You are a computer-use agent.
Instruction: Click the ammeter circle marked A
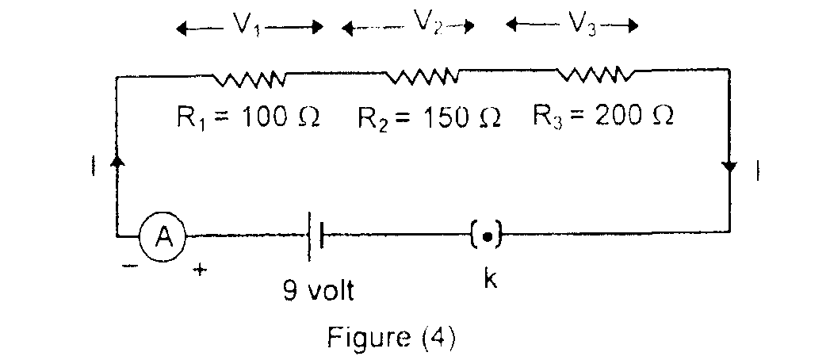(163, 235)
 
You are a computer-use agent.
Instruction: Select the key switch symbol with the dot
(488, 235)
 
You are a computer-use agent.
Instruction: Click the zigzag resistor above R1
(249, 78)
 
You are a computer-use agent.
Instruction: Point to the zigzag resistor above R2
(421, 77)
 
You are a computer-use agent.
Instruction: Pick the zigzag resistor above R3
(595, 75)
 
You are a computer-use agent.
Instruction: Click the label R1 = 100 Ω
(247, 118)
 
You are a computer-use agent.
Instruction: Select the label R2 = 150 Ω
(429, 118)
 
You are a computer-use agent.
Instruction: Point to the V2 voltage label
(424, 23)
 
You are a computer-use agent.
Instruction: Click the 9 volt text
(319, 291)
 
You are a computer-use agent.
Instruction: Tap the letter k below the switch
(490, 281)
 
